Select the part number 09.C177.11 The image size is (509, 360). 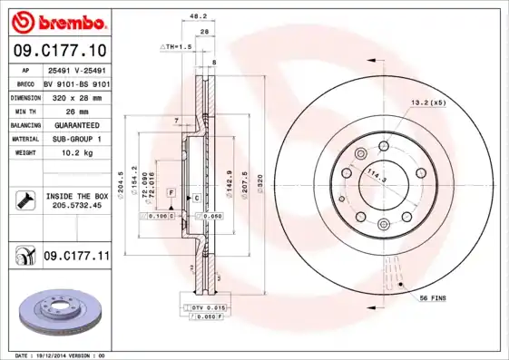(76, 258)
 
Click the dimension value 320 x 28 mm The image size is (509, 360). (75, 96)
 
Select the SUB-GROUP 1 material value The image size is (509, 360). (75, 140)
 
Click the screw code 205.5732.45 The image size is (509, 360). (75, 206)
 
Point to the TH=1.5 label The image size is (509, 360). (178, 45)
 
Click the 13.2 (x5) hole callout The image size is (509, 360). (429, 102)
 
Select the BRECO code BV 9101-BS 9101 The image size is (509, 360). (75, 82)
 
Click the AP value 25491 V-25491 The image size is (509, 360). (75, 68)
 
